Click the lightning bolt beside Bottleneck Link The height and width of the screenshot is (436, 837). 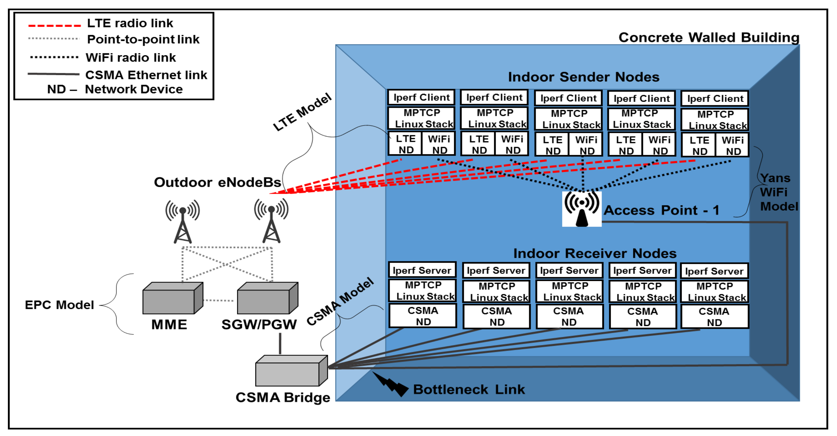(x=390, y=385)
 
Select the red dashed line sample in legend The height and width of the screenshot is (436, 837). (x=54, y=25)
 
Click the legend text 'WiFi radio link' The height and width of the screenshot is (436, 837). (x=131, y=58)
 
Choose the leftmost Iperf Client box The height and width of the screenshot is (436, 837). (x=421, y=97)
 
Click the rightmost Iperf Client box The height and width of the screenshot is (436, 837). (x=715, y=99)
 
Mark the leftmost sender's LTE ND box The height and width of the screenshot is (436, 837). (x=405, y=144)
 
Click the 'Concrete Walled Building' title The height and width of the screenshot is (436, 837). (x=709, y=37)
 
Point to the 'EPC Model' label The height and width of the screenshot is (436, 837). (x=59, y=305)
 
